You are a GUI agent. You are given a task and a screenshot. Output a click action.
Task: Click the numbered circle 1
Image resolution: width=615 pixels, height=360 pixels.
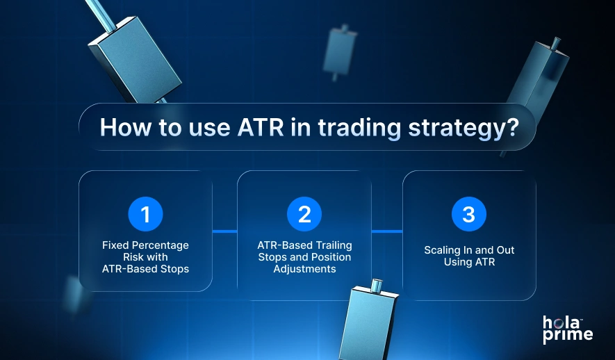coord(145,214)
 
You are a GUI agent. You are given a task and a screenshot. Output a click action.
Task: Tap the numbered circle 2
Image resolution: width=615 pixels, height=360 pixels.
coord(304,214)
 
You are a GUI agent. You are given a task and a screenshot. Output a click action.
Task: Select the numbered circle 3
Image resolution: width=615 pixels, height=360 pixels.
coord(469,214)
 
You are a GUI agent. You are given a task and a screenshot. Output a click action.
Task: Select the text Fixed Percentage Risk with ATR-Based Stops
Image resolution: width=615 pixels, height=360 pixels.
coord(145,256)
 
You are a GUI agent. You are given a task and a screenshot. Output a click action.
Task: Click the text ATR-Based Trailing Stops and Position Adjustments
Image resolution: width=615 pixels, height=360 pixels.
coord(304,256)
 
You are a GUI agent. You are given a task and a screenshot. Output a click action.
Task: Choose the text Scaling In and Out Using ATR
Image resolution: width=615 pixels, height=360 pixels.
coord(469,256)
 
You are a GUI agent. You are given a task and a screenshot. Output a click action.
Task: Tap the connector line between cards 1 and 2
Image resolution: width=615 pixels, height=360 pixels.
coord(224,231)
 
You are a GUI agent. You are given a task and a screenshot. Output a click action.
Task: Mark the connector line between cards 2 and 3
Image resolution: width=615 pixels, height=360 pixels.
coord(387,231)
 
